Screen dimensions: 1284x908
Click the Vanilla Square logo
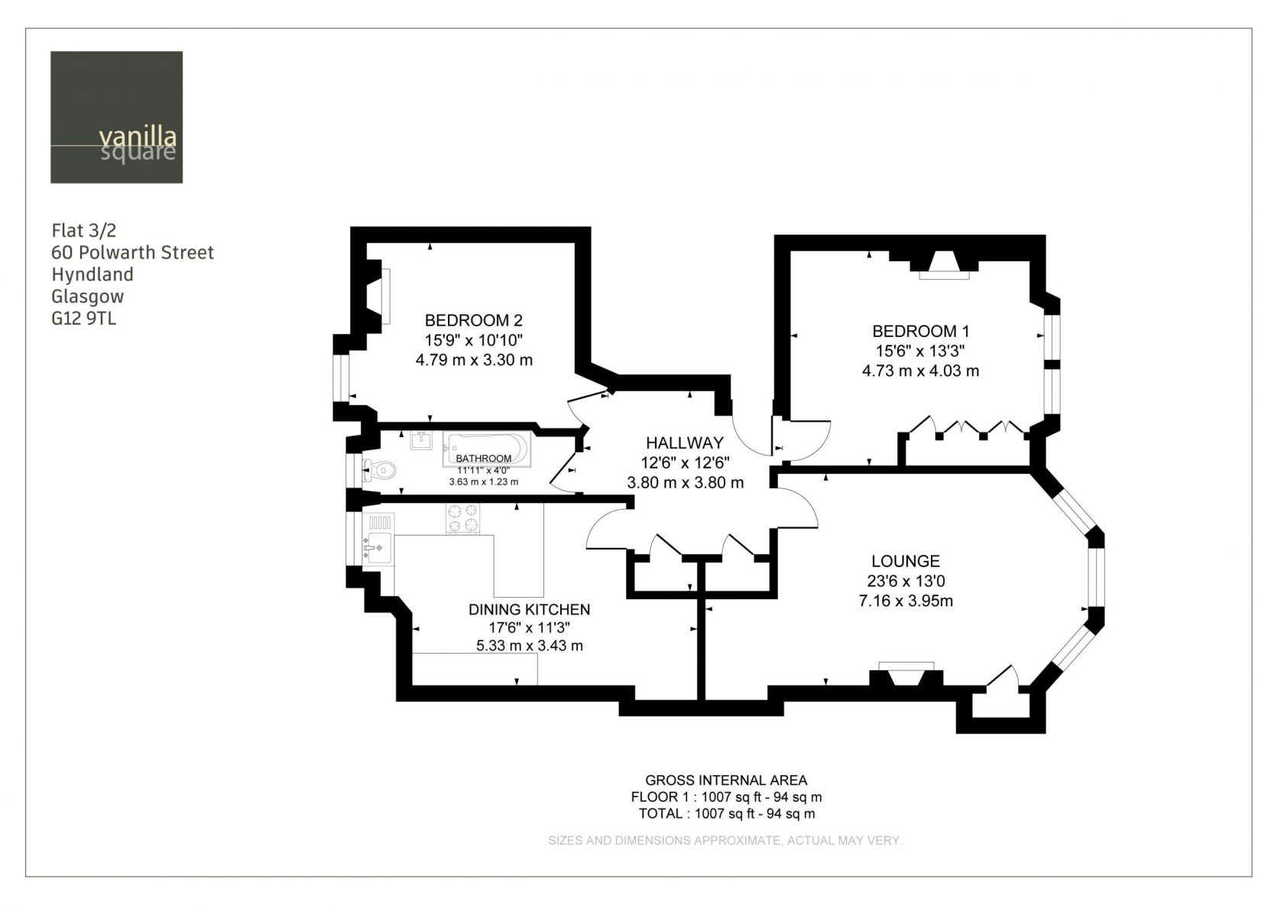click(x=116, y=118)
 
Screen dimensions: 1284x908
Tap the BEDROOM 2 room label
click(x=474, y=319)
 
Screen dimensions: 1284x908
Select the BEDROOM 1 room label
click(x=920, y=331)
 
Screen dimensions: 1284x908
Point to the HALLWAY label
click(x=685, y=443)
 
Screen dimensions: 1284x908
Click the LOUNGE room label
click(x=906, y=561)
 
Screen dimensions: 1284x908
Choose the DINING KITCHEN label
click(x=529, y=609)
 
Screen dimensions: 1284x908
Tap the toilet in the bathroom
click(x=379, y=471)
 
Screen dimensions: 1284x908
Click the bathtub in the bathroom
click(x=487, y=448)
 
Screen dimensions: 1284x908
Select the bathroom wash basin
click(x=421, y=440)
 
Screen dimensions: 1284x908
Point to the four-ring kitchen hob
click(x=463, y=518)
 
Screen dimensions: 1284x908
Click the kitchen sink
click(x=378, y=547)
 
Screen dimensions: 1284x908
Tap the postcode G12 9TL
click(x=84, y=318)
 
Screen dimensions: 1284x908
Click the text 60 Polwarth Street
click(x=132, y=252)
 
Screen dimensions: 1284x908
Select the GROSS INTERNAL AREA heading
click(x=726, y=780)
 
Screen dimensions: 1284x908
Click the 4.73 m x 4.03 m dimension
click(x=920, y=370)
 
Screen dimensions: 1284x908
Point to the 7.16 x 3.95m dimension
click(x=906, y=601)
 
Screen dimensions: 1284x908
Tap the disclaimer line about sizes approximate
click(x=725, y=841)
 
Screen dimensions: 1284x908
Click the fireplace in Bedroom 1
click(x=944, y=265)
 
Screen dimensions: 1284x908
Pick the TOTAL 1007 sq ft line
click(x=726, y=813)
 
